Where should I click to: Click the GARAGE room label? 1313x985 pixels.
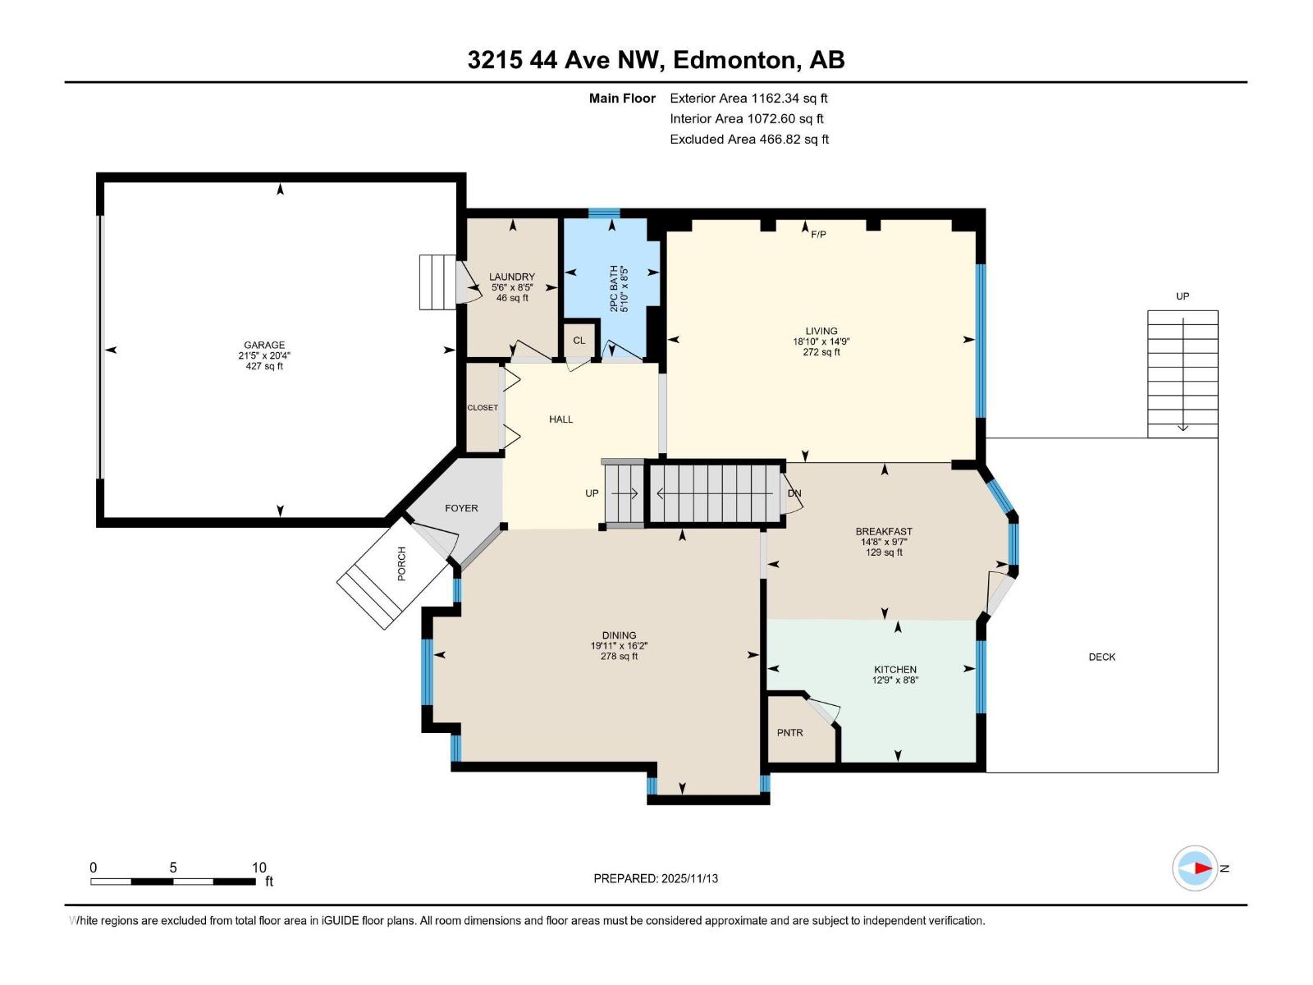pyautogui.click(x=263, y=346)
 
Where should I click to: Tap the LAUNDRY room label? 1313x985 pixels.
pyautogui.click(x=511, y=277)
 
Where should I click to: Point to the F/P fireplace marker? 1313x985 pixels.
pyautogui.click(x=818, y=235)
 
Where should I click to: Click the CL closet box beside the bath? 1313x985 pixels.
pyautogui.click(x=579, y=341)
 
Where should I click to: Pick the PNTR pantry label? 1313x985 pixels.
pyautogui.click(x=789, y=733)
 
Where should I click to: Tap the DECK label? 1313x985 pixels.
pyautogui.click(x=1101, y=657)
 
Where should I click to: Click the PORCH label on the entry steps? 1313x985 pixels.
pyautogui.click(x=401, y=564)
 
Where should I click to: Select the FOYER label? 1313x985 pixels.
pyautogui.click(x=461, y=508)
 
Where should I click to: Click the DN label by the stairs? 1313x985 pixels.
pyautogui.click(x=794, y=493)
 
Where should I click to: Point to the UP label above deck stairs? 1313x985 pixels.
pyautogui.click(x=1182, y=296)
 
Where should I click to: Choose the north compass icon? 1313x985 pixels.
pyautogui.click(x=1195, y=868)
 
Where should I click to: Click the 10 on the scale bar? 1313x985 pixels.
pyautogui.click(x=258, y=868)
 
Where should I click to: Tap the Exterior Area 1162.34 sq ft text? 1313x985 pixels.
pyautogui.click(x=748, y=98)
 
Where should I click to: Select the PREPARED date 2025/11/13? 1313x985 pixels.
pyautogui.click(x=656, y=878)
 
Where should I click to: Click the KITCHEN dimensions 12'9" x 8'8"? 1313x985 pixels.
pyautogui.click(x=894, y=680)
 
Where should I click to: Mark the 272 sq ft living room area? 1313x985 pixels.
pyautogui.click(x=821, y=352)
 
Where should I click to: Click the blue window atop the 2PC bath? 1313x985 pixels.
pyautogui.click(x=604, y=213)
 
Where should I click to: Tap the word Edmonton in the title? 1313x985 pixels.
pyautogui.click(x=737, y=60)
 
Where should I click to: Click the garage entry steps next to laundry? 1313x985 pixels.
pyautogui.click(x=437, y=282)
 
